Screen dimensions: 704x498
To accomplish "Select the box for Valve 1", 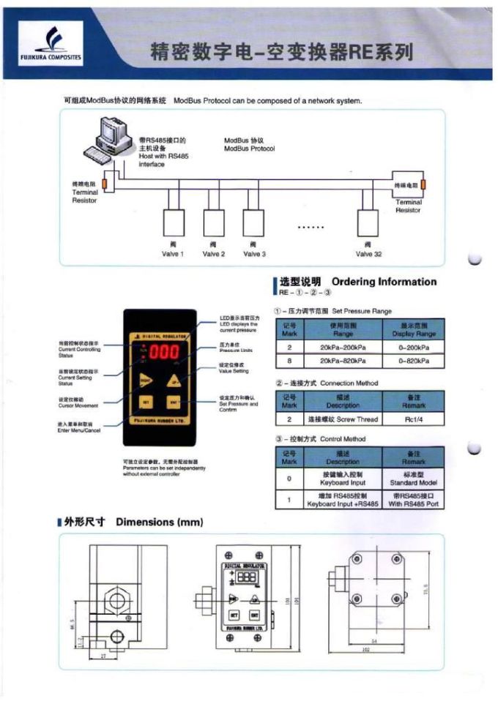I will [x=173, y=221].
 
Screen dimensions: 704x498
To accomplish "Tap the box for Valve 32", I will [x=368, y=221].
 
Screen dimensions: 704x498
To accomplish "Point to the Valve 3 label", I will [x=254, y=254].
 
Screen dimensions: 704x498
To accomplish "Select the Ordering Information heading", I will [x=383, y=282].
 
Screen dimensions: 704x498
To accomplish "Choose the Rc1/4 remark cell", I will [x=414, y=419].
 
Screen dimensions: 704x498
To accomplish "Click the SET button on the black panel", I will [x=146, y=402].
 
